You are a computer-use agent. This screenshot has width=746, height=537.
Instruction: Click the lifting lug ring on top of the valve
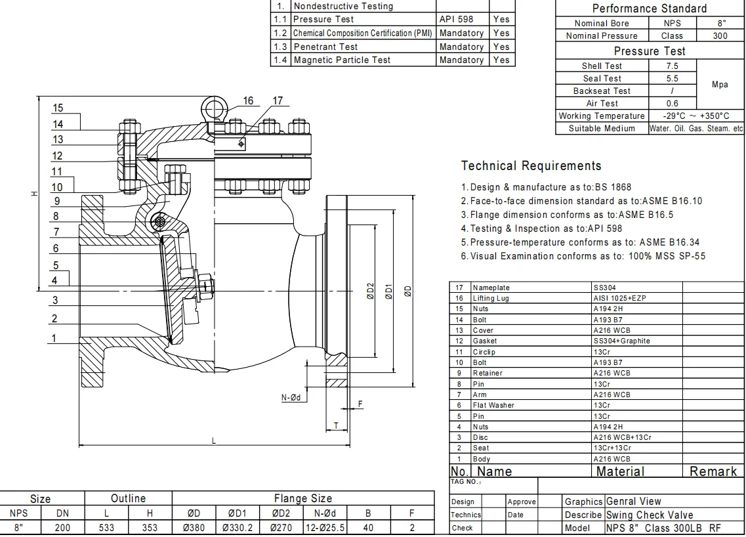[214, 106]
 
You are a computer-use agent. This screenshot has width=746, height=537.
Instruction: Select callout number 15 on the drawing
[58, 108]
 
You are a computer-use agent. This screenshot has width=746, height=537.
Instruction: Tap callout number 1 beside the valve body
[56, 338]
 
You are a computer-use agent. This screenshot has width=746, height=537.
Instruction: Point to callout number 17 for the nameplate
[278, 100]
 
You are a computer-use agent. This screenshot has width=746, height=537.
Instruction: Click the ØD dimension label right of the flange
[408, 291]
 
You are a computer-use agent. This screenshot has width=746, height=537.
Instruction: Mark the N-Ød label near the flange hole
[291, 397]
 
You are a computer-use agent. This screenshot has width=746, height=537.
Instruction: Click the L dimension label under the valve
[213, 440]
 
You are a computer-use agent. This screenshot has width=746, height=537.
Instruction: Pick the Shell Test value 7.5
[672, 66]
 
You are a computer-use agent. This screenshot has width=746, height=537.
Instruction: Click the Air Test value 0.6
[672, 103]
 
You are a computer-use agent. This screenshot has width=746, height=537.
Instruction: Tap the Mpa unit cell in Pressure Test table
[720, 85]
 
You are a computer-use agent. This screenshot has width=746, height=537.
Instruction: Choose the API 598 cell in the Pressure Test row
[456, 20]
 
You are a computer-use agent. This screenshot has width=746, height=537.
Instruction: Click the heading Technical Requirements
[531, 165]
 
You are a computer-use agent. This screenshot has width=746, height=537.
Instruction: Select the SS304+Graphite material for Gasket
[621, 341]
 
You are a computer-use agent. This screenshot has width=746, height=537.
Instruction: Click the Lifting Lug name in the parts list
[491, 298]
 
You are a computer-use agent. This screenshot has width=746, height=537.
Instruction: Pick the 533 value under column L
[106, 528]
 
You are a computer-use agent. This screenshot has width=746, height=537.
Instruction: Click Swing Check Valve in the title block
[649, 515]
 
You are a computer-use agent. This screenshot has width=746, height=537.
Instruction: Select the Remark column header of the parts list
[713, 471]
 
